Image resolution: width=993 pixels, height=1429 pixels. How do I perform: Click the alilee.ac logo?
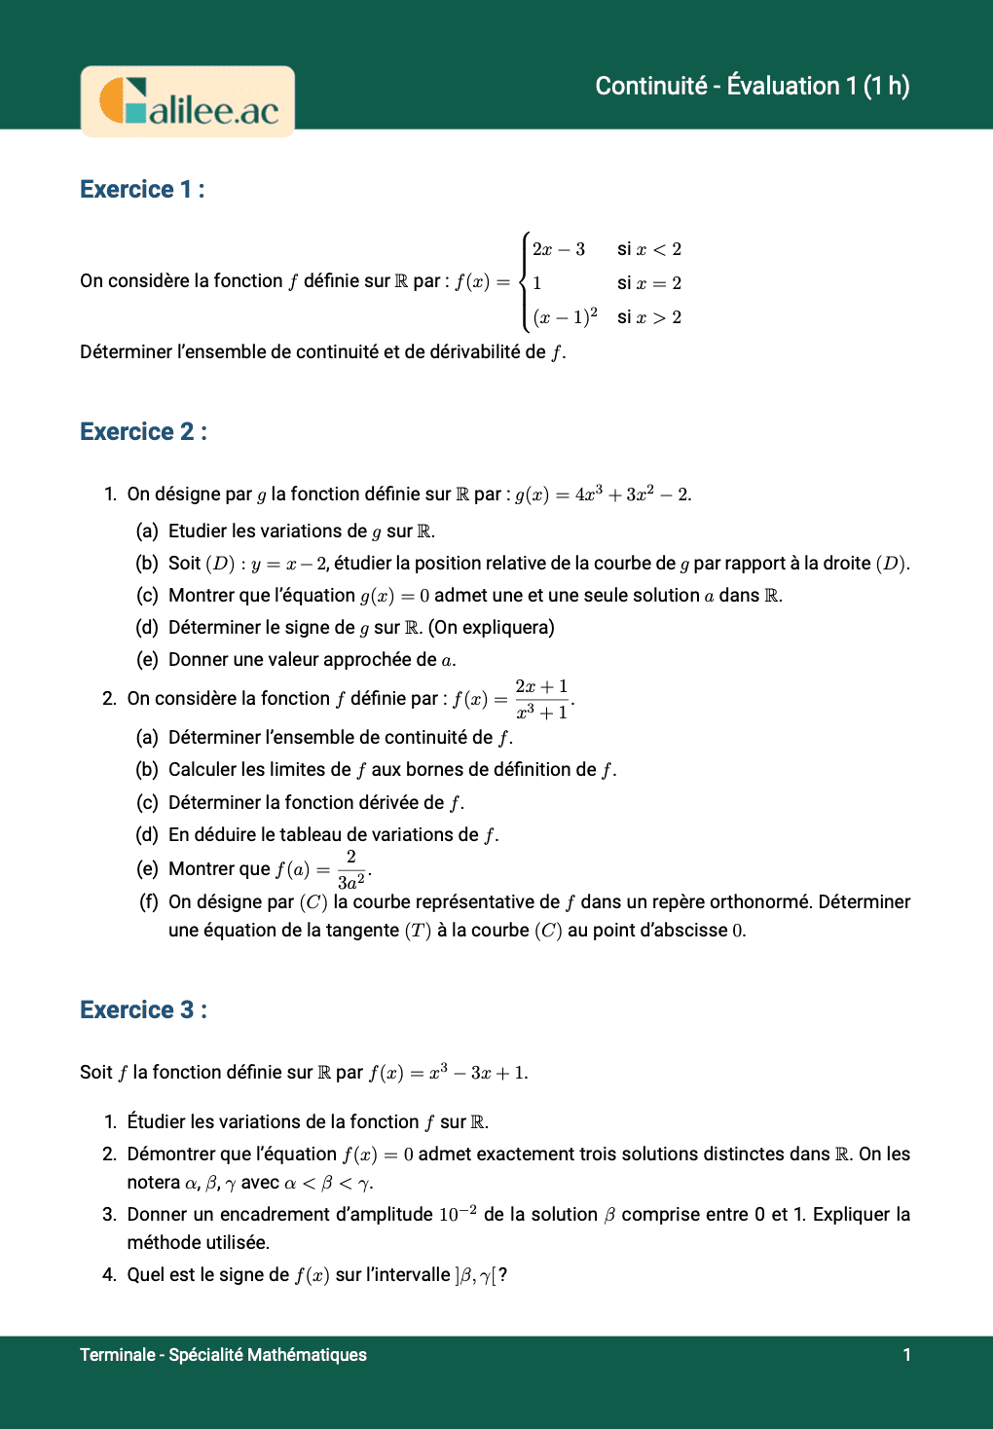pos(188,101)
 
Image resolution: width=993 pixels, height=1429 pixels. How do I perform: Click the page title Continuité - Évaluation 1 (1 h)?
pos(752,86)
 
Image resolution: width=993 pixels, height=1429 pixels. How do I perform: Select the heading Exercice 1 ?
pos(142,189)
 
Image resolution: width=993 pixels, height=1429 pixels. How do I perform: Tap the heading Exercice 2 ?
pos(143,431)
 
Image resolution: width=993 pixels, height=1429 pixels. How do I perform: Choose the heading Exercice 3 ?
pos(143,1009)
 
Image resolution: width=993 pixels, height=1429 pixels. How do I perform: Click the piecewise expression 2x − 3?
pos(558,249)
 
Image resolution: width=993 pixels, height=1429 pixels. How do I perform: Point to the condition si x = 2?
pos(648,283)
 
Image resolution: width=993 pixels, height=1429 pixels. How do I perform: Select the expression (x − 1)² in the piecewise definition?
pos(565,317)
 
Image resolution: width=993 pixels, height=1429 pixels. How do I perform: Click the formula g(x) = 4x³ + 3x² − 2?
pos(603,495)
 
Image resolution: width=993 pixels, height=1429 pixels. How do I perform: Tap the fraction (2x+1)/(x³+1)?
pos(542,699)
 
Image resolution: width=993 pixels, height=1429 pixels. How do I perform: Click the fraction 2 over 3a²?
pos(350,869)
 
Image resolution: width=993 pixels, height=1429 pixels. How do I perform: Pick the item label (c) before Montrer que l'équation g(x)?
pos(147,595)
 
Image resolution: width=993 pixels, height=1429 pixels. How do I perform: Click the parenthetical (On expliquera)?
pos(492,627)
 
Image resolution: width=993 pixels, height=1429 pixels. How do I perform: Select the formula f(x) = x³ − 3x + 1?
pos(448,1072)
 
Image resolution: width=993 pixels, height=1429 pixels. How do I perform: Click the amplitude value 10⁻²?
pos(457,1214)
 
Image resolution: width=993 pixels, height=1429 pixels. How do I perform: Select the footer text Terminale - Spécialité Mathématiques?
pos(223,1354)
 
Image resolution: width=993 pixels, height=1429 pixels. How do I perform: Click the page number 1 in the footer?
pos(906,1354)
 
